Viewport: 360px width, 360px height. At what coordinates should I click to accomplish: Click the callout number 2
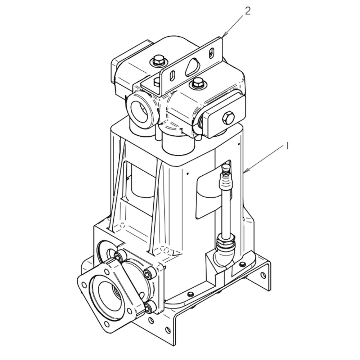point(247,11)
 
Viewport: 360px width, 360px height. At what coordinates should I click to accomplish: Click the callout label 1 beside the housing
point(287,146)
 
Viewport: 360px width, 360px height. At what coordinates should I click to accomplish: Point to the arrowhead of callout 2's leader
point(223,37)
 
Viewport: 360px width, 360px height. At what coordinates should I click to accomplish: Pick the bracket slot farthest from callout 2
point(172,76)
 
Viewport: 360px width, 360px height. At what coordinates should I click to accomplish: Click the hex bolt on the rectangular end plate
point(228,118)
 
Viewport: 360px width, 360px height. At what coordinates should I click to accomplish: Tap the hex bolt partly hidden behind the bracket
point(158,82)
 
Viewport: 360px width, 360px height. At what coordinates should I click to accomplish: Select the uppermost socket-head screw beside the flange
point(119,257)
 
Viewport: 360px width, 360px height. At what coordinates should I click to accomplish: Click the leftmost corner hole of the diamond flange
point(84,284)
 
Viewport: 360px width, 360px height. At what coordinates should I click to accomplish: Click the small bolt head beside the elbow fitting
point(242,265)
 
